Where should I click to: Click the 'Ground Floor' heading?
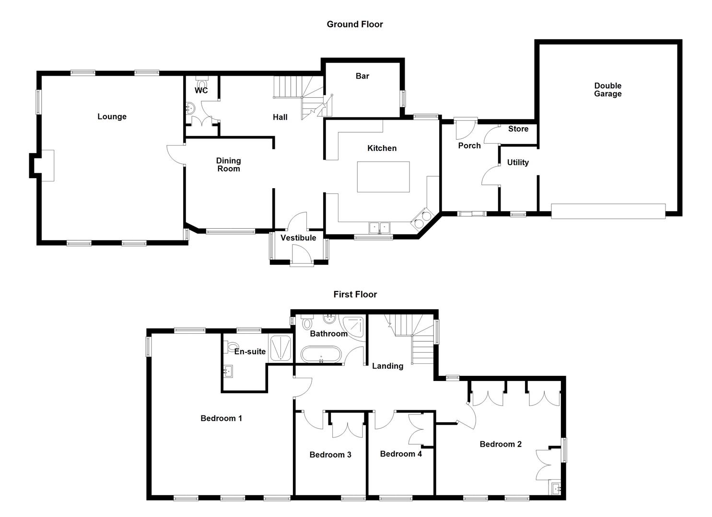click(x=355, y=24)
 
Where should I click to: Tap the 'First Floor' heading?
click(x=355, y=294)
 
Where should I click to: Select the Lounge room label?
click(x=112, y=117)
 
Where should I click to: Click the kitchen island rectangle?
click(x=383, y=177)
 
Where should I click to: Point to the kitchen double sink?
click(x=379, y=227)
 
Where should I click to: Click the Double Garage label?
click(x=607, y=90)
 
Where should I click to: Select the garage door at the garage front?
click(x=608, y=211)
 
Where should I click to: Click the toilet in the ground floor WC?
click(x=201, y=82)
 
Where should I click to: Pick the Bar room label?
click(x=362, y=76)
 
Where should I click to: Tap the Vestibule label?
click(x=298, y=238)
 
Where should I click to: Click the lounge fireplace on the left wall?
click(x=47, y=165)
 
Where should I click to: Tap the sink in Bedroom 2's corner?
click(x=556, y=489)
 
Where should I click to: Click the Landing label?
click(x=387, y=366)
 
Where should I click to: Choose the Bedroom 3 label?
click(x=330, y=455)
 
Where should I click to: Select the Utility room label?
click(x=518, y=163)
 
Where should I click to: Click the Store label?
click(x=518, y=129)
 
